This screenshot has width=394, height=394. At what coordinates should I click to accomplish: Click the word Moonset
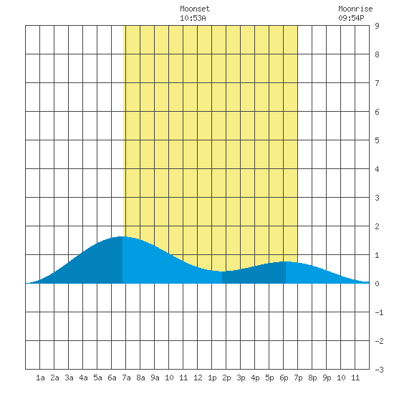[x=195, y=9]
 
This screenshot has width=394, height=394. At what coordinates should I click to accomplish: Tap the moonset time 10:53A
[x=193, y=18]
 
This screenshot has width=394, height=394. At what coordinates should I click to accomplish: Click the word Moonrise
[x=355, y=9]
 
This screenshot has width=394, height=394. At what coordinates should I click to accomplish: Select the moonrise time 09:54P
[x=351, y=18]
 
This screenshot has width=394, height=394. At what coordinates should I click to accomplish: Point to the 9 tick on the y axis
[x=377, y=26]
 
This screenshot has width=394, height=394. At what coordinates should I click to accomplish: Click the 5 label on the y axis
[x=377, y=140]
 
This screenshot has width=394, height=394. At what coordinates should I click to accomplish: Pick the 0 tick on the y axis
[x=377, y=284]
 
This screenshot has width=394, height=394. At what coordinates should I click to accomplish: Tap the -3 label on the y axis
[x=379, y=370]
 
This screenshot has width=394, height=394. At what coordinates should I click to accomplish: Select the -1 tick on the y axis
[x=379, y=312]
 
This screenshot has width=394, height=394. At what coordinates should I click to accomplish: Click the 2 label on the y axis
[x=377, y=226]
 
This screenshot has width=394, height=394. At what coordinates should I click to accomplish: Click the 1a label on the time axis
[x=40, y=378]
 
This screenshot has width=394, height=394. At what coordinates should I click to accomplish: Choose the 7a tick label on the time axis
[x=126, y=378]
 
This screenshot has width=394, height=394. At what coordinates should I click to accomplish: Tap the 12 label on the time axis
[x=198, y=378]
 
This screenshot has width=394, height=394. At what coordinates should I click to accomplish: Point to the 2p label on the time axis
[x=226, y=378]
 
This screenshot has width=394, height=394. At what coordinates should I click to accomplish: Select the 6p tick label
[x=284, y=378]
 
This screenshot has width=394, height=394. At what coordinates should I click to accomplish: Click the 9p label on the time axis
[x=327, y=378]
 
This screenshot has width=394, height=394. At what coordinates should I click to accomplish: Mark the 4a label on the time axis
[x=83, y=378]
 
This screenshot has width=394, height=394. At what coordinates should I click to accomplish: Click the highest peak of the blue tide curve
[x=122, y=236]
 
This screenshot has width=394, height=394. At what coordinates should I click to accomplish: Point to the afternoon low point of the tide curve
[x=222, y=272]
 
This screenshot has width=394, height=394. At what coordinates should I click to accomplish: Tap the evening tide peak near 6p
[x=286, y=261]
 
